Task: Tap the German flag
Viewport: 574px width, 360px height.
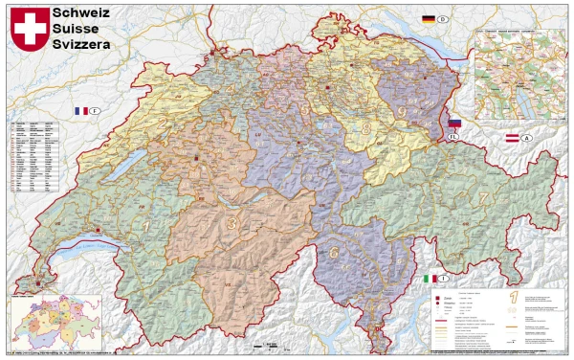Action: tap(429, 19)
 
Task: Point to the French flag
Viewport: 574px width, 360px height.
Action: tap(82, 111)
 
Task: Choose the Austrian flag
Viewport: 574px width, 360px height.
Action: tap(512, 140)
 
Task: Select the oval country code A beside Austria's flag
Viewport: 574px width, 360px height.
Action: tap(528, 140)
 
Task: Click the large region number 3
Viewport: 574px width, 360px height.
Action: tap(232, 223)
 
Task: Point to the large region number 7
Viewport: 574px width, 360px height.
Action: tap(484, 199)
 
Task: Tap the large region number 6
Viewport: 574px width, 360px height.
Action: tap(334, 253)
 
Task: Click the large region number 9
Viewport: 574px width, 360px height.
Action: tap(402, 113)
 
